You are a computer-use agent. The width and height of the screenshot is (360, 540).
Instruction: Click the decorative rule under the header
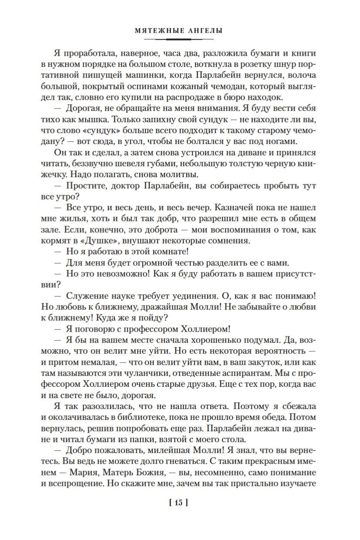[x=180, y=39]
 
